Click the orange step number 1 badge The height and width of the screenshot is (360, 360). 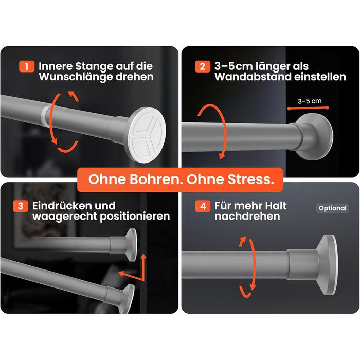pos(27,66)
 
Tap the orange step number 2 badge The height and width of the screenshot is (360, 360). pos(203,66)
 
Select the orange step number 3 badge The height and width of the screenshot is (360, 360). pos(21,206)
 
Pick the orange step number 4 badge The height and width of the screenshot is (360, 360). pos(203,206)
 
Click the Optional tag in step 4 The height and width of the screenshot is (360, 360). pos(332,208)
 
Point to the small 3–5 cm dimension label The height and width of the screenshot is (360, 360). pos(310,101)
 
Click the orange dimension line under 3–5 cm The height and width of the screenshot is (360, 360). pos(308,108)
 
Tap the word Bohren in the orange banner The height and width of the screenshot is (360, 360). pos(154,179)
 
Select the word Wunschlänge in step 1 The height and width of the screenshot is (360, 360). pos(76,77)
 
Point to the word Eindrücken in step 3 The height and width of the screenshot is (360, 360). pos(74,206)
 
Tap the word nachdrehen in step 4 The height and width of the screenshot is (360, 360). pos(247,217)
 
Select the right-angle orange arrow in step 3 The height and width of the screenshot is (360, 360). pos(135,270)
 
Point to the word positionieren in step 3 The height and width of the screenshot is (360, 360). pos(135,217)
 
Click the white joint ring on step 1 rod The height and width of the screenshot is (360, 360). pos(45,115)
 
